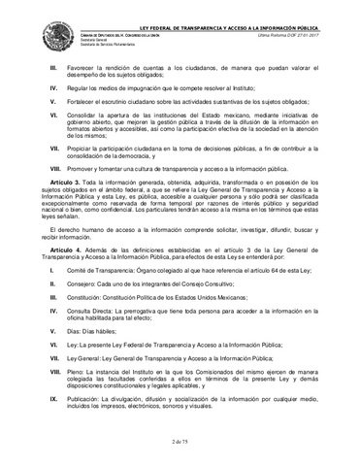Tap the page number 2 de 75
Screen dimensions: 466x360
[179, 443]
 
